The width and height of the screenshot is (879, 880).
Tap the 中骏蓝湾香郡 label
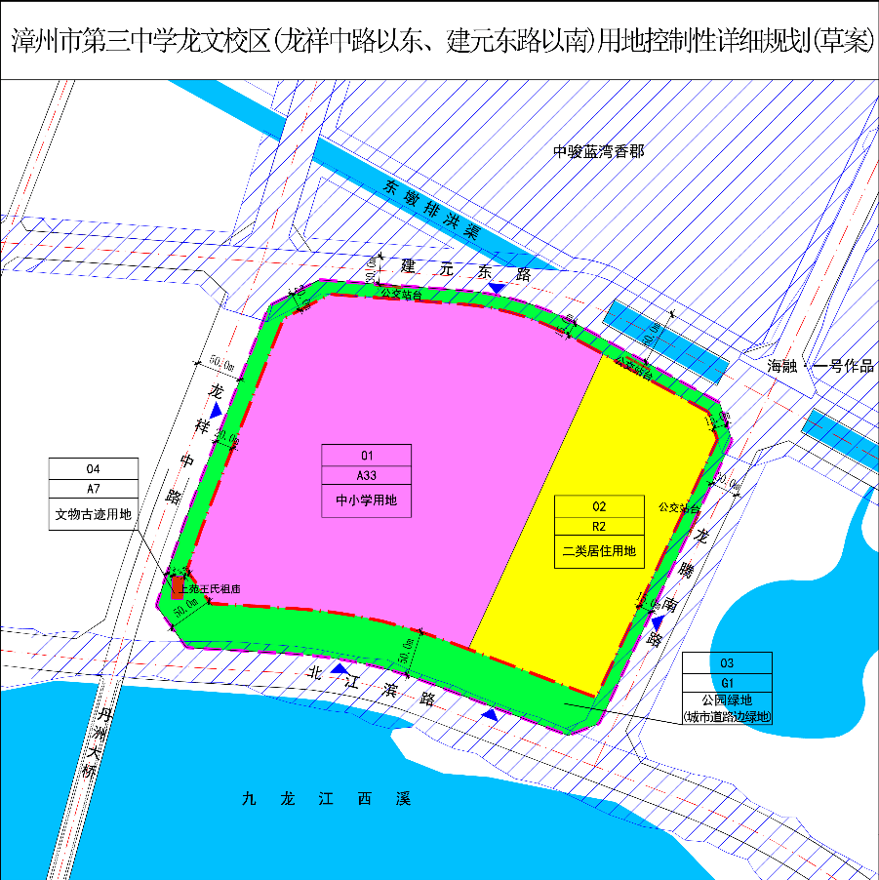click(599, 151)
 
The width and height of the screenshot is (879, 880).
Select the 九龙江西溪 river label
click(327, 799)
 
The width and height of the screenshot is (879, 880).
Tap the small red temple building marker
click(178, 587)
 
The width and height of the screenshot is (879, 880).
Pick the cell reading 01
click(367, 455)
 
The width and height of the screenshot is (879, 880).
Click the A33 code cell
click(367, 475)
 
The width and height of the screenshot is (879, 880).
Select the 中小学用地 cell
click(367, 500)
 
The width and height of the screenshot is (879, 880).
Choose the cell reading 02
click(599, 506)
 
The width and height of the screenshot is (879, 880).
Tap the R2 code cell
click(599, 527)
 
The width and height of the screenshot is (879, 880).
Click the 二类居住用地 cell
click(599, 551)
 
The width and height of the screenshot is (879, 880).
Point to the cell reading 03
click(727, 662)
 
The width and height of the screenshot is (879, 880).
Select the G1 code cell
click(727, 683)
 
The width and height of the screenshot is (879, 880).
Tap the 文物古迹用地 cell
click(93, 513)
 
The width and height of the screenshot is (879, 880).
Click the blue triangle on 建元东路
click(498, 289)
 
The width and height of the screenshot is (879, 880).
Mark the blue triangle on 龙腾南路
click(659, 621)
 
